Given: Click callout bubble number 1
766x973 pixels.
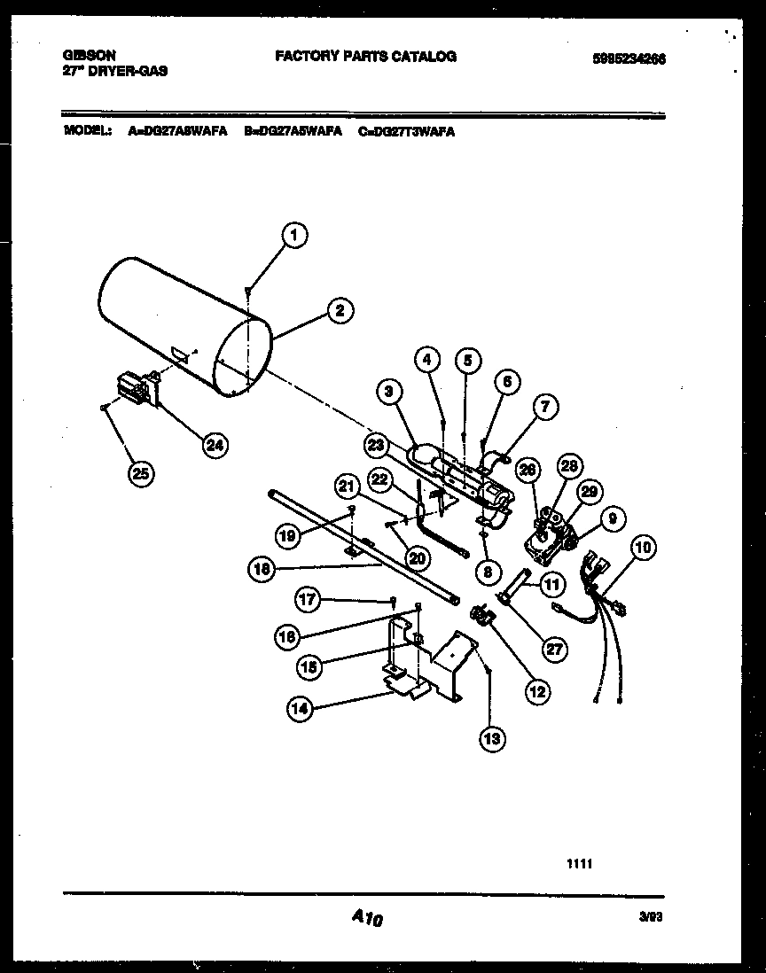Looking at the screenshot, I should pyautogui.click(x=295, y=235).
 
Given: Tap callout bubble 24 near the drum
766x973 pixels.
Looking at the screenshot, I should pyautogui.click(x=214, y=445).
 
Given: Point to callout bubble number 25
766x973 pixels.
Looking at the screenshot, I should pyautogui.click(x=139, y=473).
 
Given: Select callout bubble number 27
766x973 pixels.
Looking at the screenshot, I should pyautogui.click(x=554, y=649).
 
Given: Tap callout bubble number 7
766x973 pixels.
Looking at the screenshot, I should pyautogui.click(x=546, y=407).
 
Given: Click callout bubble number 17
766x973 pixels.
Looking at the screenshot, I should pyautogui.click(x=308, y=600).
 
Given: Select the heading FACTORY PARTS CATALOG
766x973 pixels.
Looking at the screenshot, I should pyautogui.click(x=365, y=57).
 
